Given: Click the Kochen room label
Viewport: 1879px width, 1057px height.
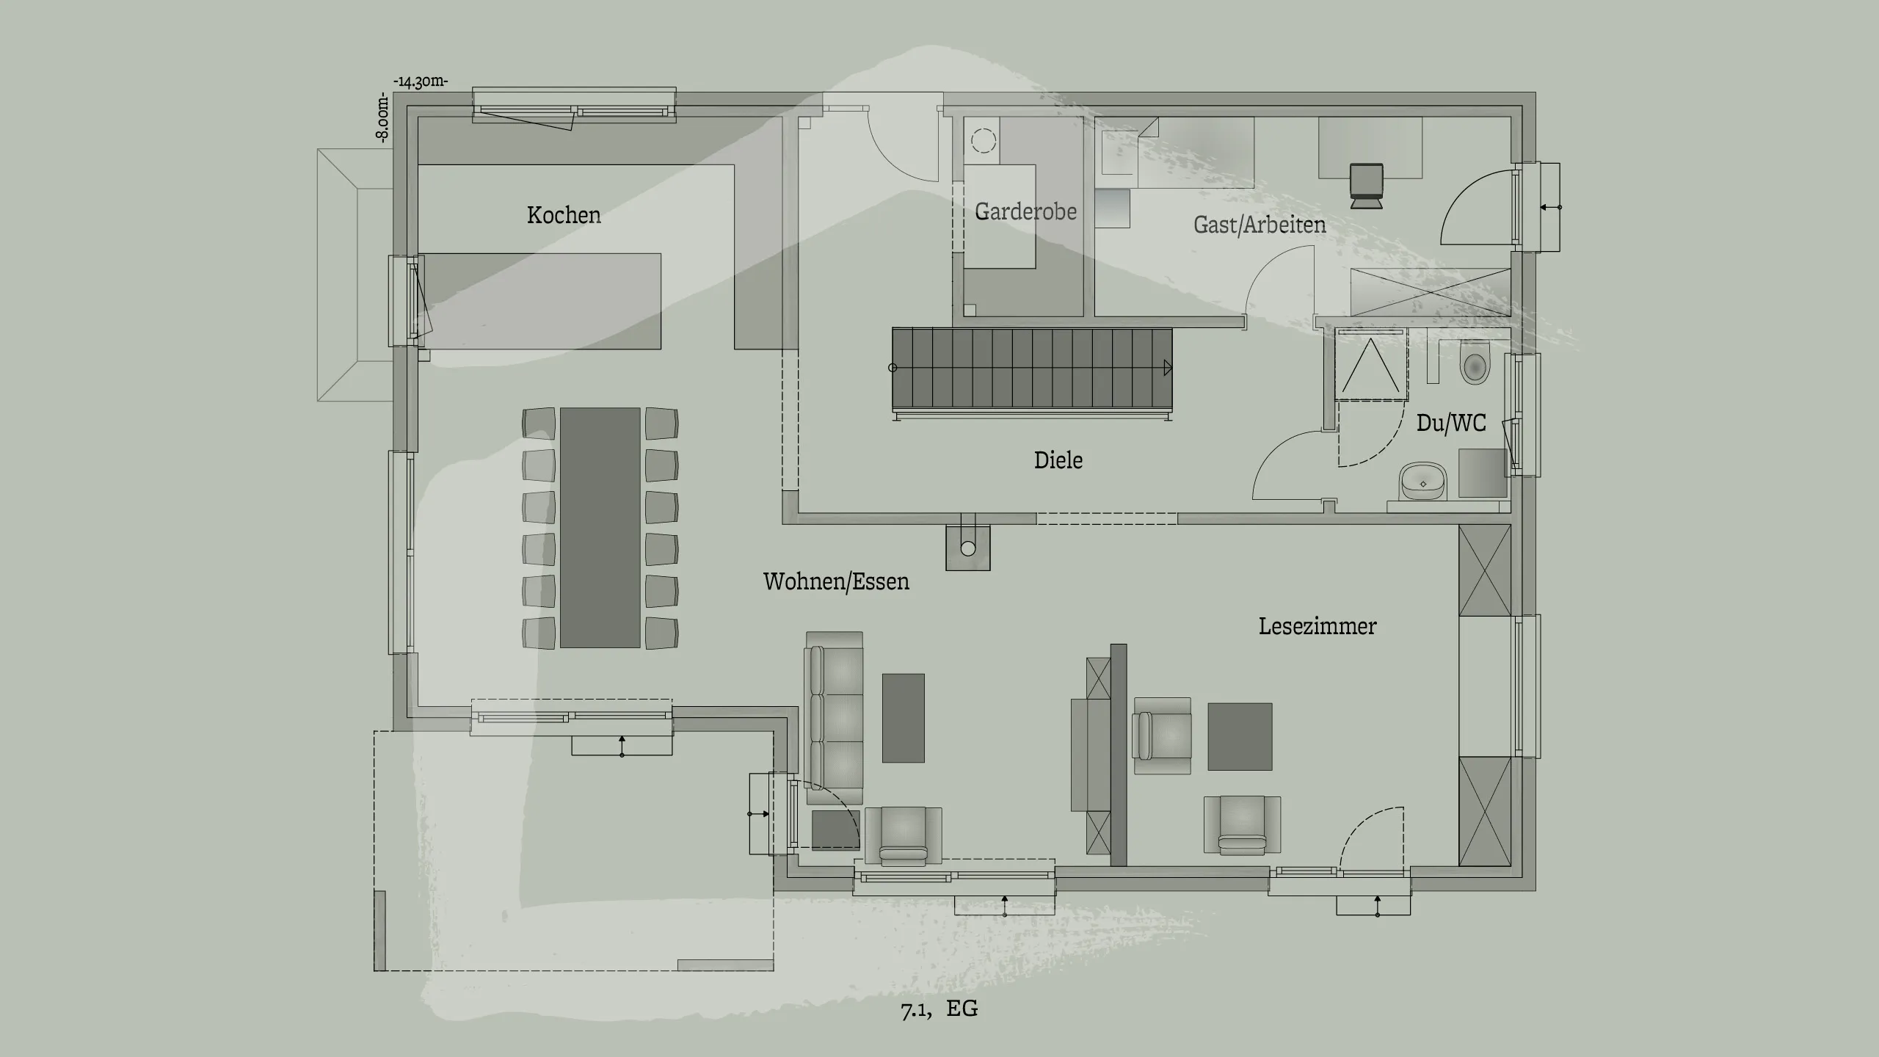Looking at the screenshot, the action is pyautogui.click(x=564, y=215).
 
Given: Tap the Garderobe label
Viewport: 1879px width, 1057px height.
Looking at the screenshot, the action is pyautogui.click(x=1025, y=211).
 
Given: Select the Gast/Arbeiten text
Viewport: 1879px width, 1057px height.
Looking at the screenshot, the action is pyautogui.click(x=1260, y=225).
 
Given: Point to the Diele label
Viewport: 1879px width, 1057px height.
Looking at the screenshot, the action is pyautogui.click(x=1058, y=460).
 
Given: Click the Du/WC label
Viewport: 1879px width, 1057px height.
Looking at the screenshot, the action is pyautogui.click(x=1451, y=423).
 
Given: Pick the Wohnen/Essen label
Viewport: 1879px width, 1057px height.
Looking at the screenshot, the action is pyautogui.click(x=836, y=581).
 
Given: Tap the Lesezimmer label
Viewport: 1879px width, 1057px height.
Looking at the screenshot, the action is pyautogui.click(x=1318, y=626).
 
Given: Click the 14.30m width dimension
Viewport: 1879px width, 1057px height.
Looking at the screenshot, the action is pyautogui.click(x=421, y=81).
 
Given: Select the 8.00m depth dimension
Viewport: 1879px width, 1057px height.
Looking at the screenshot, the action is pyautogui.click(x=382, y=117).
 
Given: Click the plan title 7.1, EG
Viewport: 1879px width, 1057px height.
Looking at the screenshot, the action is pyautogui.click(x=939, y=1009).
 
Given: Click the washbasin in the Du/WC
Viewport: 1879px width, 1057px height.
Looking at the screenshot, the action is pyautogui.click(x=1423, y=482).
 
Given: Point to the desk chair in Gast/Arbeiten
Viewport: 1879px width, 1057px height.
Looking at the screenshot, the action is pyautogui.click(x=1366, y=185).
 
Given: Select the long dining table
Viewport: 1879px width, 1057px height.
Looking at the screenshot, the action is pyautogui.click(x=600, y=527).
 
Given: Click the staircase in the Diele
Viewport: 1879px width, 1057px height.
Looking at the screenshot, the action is pyautogui.click(x=1031, y=370).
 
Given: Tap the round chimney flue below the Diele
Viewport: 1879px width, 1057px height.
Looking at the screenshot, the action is pyautogui.click(x=967, y=548).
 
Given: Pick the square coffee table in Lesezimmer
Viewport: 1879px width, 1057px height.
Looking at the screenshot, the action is pyautogui.click(x=1240, y=736).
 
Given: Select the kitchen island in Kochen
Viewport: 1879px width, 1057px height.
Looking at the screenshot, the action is pyautogui.click(x=543, y=301).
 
